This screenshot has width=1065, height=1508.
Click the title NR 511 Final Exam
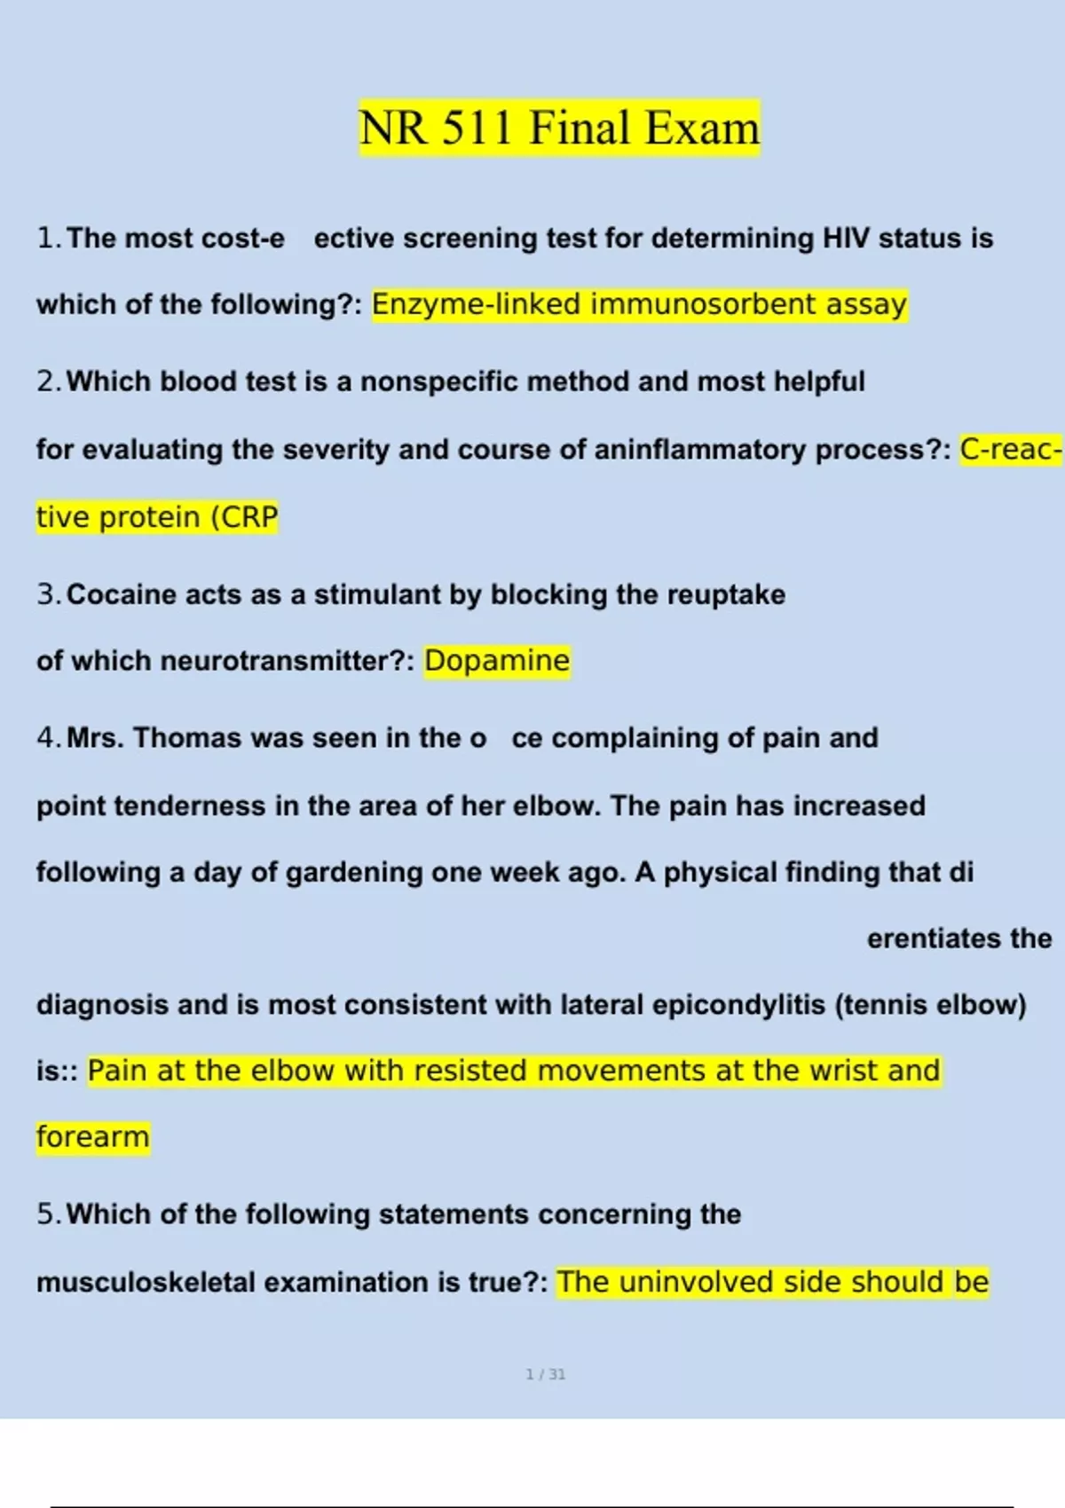point(559,128)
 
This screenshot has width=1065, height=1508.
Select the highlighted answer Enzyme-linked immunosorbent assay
point(639,304)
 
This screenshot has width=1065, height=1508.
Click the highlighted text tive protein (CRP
point(157,516)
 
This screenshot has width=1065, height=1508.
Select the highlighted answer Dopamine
point(497,661)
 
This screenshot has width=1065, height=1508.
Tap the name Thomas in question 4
point(187,738)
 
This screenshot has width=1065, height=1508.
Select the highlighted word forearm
point(93,1136)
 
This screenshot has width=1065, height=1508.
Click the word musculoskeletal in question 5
point(146,1282)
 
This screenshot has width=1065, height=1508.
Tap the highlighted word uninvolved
point(686,1282)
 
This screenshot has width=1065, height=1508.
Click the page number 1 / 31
point(546,1374)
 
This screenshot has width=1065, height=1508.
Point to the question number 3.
point(47,594)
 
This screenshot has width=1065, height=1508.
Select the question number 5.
point(47,1213)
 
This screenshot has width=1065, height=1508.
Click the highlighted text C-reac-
point(1010,450)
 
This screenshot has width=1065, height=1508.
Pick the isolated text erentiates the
point(958,939)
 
